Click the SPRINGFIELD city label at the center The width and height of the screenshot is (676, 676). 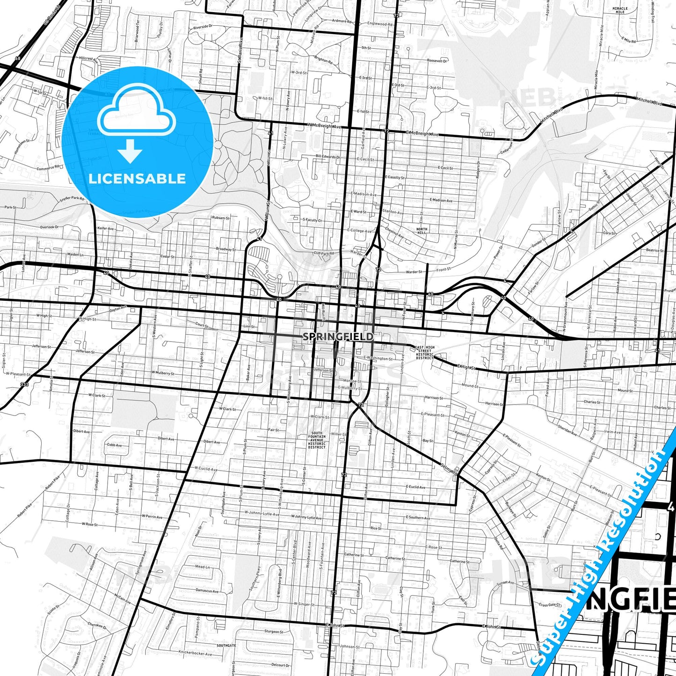(338, 336)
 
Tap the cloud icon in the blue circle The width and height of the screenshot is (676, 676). (137, 110)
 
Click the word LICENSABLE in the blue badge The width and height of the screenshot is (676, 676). (137, 178)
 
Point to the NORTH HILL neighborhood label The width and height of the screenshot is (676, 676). (422, 231)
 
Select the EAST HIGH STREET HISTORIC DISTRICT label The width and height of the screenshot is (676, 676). (425, 352)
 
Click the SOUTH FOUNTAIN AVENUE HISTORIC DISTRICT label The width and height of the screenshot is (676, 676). (317, 440)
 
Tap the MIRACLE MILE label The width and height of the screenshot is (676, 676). (620, 10)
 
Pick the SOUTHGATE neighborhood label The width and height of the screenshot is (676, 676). (226, 646)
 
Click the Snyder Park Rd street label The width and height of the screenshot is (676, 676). (72, 199)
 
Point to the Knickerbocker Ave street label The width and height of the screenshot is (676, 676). (196, 652)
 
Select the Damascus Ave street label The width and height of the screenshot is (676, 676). (207, 591)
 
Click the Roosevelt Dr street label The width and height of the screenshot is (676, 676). (438, 61)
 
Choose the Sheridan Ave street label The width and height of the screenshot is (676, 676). (567, 431)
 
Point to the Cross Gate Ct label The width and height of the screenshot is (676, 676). (549, 605)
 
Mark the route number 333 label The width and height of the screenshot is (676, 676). (24, 385)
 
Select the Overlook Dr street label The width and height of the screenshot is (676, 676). (49, 227)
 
